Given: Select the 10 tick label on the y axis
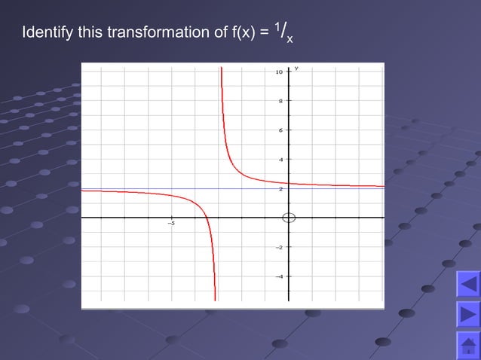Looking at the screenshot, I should click(279, 72).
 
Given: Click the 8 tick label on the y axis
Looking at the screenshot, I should click(280, 101).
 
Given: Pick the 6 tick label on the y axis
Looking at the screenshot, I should click(280, 130).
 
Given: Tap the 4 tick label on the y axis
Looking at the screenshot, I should click(280, 160).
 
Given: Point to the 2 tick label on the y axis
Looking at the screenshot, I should click(280, 189).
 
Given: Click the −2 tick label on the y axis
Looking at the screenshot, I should click(279, 247).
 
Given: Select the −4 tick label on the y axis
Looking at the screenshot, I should click(279, 276).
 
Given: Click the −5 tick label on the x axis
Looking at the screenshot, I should click(171, 224).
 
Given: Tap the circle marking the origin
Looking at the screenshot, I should click(288, 218).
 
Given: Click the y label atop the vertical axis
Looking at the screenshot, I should click(296, 69).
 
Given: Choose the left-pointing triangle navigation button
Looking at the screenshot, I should click(467, 285).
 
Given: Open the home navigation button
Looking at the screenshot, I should click(467, 346).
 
